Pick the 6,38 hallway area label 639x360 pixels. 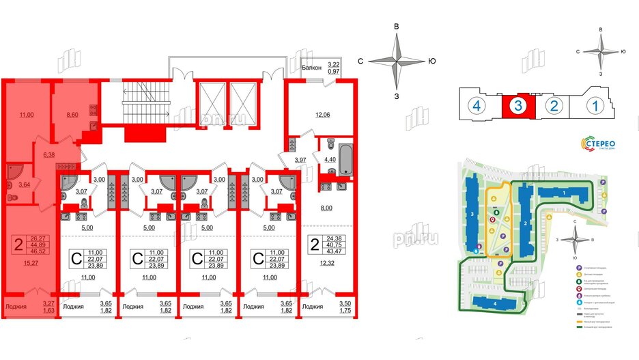[x=49, y=155]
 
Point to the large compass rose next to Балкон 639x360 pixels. [x=397, y=61]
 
